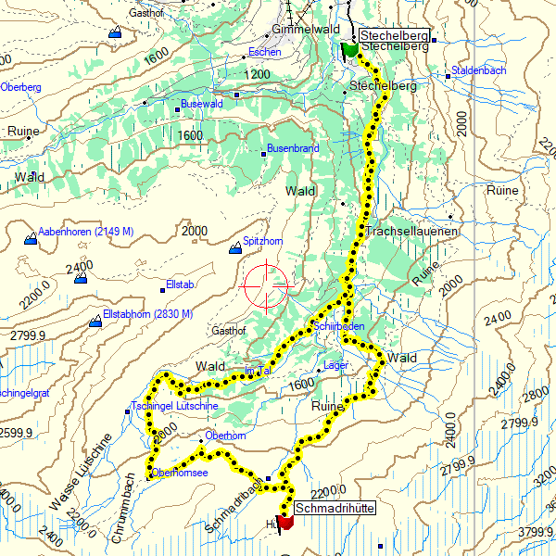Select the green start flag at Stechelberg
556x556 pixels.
tap(350, 50)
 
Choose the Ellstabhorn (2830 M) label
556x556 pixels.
tap(147, 314)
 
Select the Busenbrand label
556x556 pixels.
tap(293, 148)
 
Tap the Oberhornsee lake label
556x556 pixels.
tap(179, 473)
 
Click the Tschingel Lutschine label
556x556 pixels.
tap(175, 407)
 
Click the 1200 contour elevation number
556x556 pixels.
tap(258, 74)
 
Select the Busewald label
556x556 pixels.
tap(202, 104)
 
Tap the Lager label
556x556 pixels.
tap(335, 365)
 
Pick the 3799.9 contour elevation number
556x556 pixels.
tap(535, 532)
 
